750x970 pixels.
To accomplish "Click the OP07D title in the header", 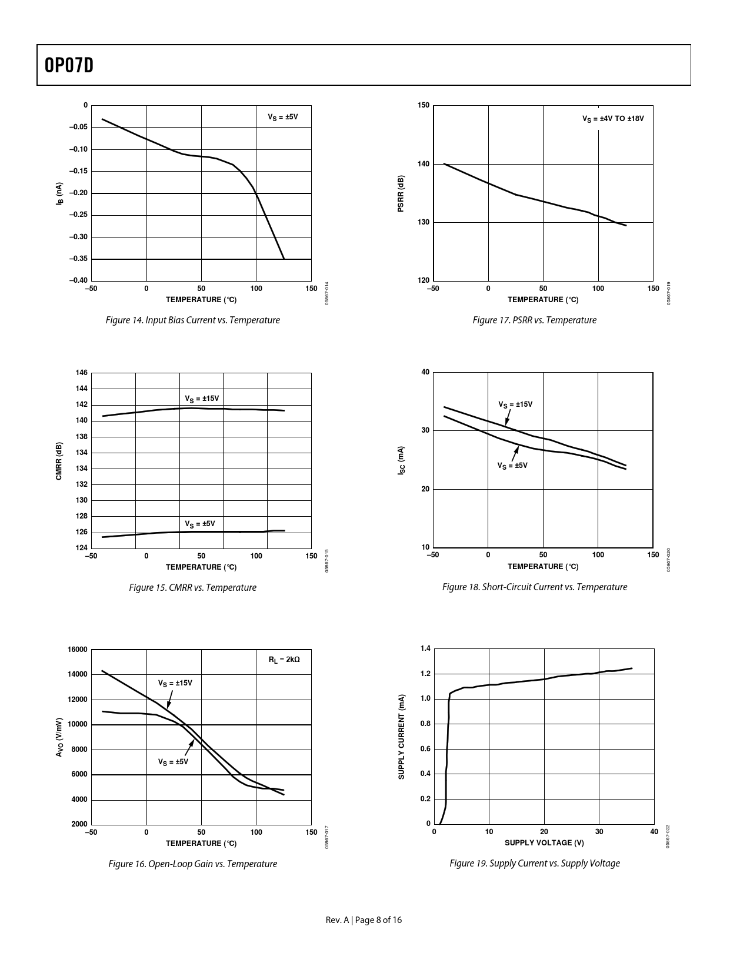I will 69,66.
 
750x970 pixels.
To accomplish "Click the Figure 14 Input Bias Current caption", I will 192,320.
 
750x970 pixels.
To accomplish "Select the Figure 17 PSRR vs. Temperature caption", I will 534,320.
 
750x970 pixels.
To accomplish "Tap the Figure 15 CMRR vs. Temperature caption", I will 192,588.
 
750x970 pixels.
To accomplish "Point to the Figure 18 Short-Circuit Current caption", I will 534,587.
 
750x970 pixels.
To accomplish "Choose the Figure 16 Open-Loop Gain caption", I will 192,864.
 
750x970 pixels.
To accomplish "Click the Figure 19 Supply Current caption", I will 534,864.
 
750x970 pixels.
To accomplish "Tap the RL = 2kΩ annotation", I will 284,660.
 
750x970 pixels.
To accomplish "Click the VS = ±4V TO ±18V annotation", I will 613,119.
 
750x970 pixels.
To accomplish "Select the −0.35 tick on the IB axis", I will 78,259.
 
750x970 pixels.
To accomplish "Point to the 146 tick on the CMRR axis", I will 82,373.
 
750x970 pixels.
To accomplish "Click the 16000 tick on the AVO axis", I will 78,650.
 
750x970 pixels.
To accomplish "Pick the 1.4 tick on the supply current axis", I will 425,648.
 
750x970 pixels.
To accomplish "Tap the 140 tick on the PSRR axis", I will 424,164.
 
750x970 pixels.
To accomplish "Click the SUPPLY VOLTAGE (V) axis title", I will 544,843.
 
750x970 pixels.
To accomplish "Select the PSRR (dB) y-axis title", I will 401,193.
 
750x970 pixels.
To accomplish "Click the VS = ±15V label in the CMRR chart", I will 202,399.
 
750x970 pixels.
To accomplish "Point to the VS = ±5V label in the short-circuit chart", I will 512,466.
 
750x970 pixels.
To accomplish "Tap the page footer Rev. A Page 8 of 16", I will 364,920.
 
